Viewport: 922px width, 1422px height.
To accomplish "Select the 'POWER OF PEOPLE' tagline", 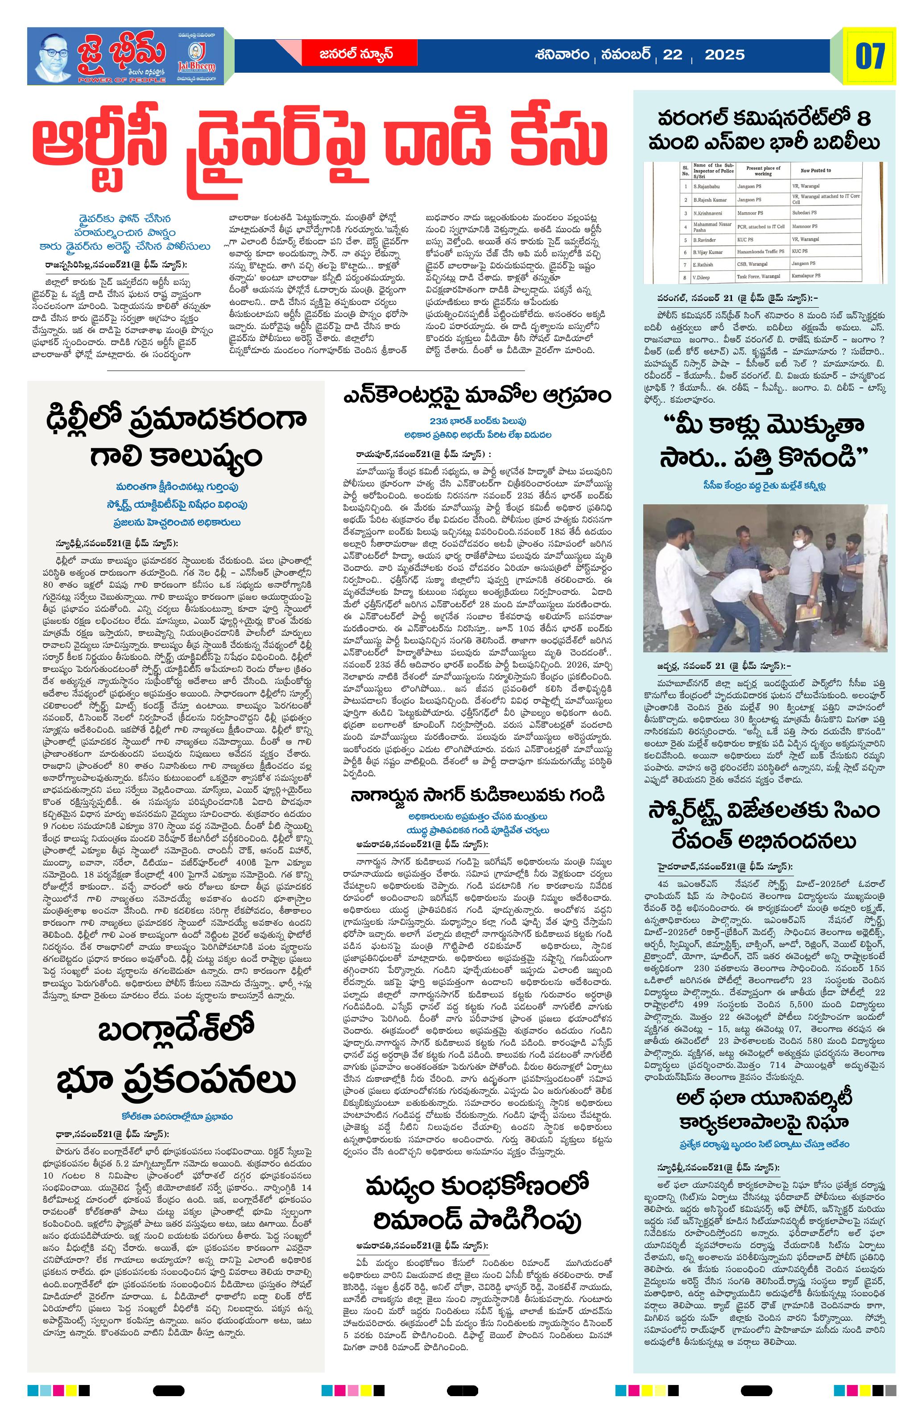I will (121, 79).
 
